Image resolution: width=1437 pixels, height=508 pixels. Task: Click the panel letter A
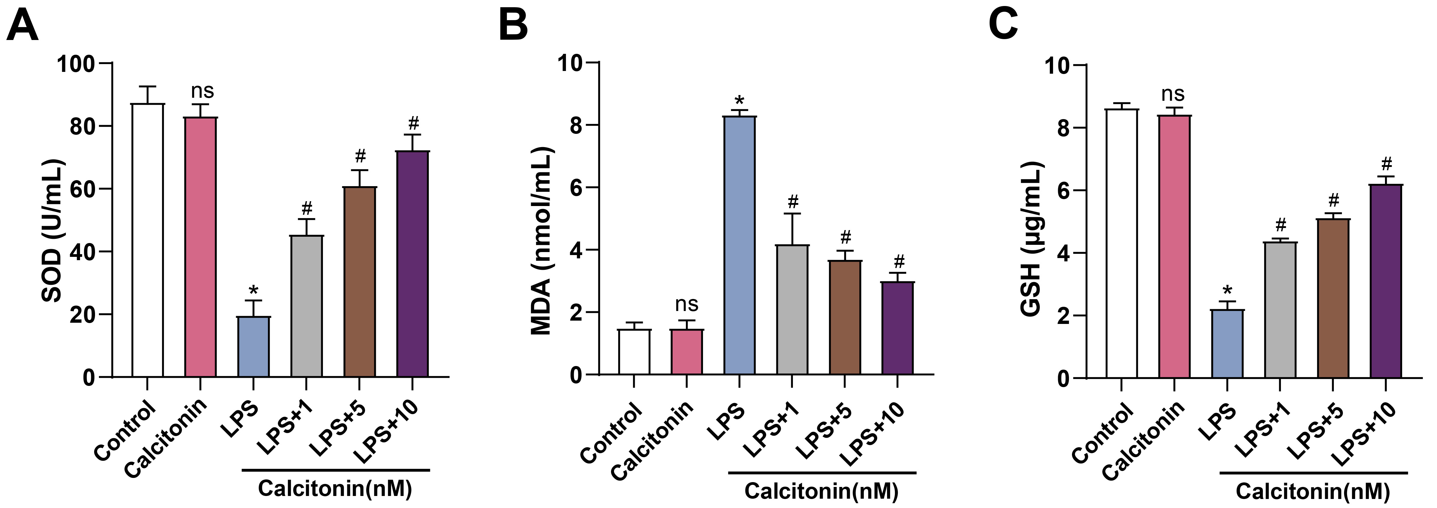(22, 26)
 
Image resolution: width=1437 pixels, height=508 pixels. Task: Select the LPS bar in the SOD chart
(253, 346)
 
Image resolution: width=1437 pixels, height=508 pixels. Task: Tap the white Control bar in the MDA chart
(634, 352)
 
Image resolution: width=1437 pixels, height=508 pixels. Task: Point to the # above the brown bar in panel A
(360, 156)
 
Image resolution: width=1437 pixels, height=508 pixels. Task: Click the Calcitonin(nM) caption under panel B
(821, 491)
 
